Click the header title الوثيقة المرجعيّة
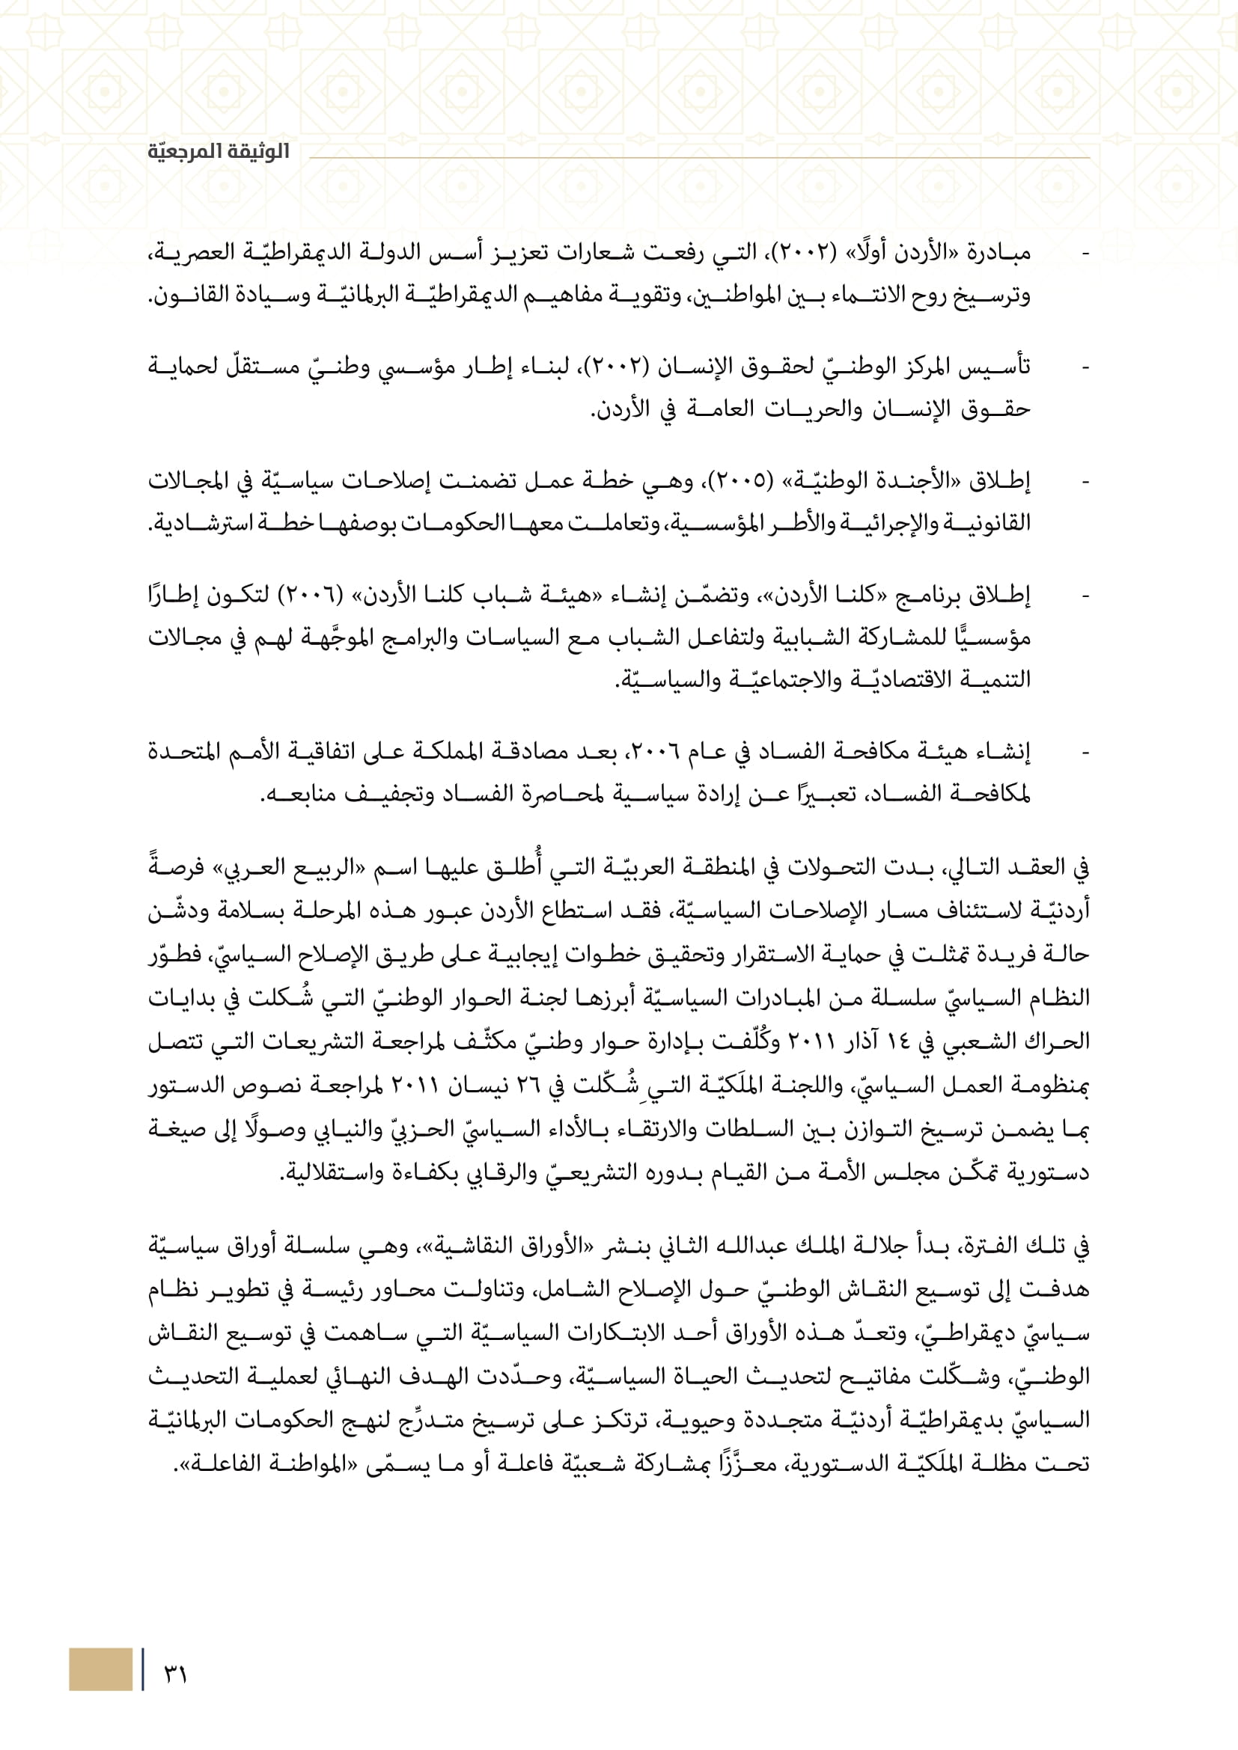pyautogui.click(x=219, y=152)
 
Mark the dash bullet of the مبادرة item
pyautogui.click(x=1085, y=253)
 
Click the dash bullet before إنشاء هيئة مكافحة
pyautogui.click(x=1085, y=753)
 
